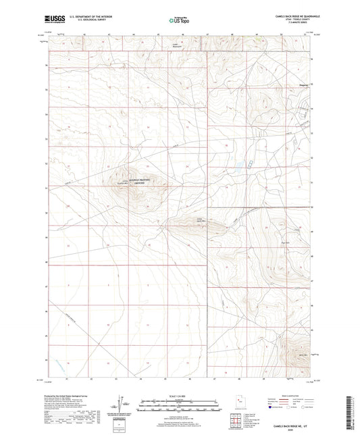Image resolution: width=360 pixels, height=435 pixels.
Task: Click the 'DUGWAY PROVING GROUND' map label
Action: click(139, 179)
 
